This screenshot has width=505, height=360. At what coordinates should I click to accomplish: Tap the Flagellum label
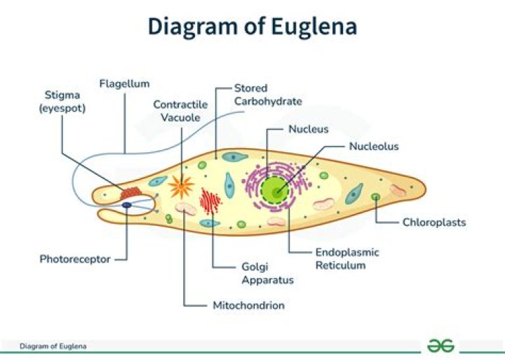click(124, 84)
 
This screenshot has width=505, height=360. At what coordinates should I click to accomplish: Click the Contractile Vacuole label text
click(181, 112)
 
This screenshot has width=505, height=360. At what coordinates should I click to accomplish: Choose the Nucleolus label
click(374, 147)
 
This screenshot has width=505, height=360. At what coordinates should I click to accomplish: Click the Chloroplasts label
click(434, 222)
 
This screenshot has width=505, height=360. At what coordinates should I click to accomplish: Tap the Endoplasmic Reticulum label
click(346, 258)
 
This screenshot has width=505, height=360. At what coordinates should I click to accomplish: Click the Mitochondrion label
click(248, 305)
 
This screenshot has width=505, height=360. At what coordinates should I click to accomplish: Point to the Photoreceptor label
click(75, 259)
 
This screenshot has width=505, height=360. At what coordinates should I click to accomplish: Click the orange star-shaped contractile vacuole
click(182, 186)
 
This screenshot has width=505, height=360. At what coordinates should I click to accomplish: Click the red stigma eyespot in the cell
click(130, 192)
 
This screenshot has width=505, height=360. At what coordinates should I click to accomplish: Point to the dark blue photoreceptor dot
click(127, 205)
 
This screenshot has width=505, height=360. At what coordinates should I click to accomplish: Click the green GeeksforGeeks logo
click(440, 346)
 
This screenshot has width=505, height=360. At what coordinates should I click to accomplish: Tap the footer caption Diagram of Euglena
click(53, 346)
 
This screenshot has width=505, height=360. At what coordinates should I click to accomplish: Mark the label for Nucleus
click(309, 129)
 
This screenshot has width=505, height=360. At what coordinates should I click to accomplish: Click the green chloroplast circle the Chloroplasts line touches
click(376, 196)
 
